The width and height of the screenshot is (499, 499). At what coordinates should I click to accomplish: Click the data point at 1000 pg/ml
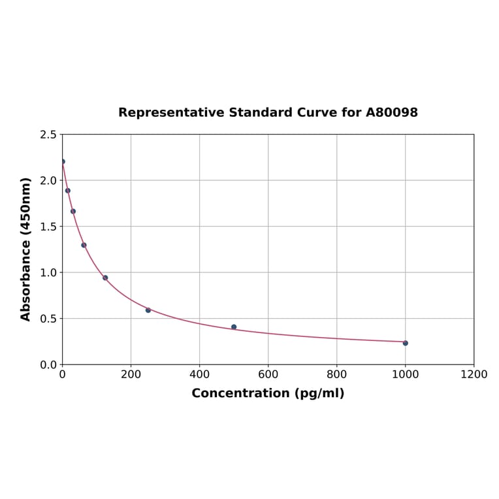coord(405,343)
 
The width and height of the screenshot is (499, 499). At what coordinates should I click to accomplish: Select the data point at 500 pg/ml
coord(234,327)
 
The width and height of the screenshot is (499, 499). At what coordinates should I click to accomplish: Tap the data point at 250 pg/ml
coord(148,310)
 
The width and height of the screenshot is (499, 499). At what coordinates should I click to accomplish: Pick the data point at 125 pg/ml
coord(105,278)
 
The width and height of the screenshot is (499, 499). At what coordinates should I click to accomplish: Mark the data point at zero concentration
coord(62,161)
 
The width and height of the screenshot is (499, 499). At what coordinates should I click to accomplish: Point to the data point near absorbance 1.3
coord(84,245)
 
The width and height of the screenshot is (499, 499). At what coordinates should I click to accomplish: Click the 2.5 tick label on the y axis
coord(48,135)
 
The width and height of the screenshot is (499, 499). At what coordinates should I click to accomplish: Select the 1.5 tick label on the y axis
coord(48,227)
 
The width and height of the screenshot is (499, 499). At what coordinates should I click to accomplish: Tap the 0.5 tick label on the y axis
coord(48,319)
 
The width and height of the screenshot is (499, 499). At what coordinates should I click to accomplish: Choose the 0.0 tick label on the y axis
coord(48,364)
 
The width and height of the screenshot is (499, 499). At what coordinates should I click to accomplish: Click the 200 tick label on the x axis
coord(131,374)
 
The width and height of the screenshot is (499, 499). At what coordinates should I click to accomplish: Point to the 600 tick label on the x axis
coord(268,374)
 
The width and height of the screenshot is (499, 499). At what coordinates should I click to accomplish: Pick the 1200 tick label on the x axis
coord(474,374)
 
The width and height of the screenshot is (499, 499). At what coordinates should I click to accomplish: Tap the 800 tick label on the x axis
coord(336,374)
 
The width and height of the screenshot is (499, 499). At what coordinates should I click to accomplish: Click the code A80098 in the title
coord(391,112)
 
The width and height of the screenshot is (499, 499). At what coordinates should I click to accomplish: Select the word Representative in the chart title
coord(171,112)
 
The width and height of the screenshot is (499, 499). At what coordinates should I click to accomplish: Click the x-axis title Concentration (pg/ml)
coord(268,393)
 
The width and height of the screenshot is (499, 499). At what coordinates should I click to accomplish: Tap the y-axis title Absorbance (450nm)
coord(26,249)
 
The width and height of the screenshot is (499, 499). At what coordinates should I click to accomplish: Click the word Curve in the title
coord(317,112)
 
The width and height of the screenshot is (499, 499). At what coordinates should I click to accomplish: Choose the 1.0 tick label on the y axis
coord(48,272)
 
